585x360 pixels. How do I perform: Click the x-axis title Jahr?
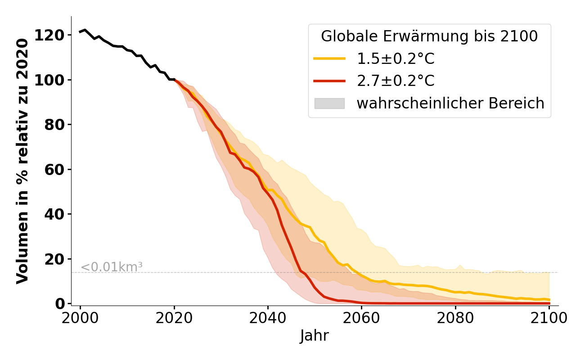coord(315,336)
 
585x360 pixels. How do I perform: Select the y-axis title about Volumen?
coord(22,161)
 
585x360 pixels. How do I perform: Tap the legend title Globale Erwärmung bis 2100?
coord(429,36)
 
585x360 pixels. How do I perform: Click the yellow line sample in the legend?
coord(329,58)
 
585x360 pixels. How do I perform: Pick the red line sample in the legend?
coord(329,81)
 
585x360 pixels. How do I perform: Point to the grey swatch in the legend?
coord(329,103)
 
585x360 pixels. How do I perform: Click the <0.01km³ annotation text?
coord(112,267)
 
